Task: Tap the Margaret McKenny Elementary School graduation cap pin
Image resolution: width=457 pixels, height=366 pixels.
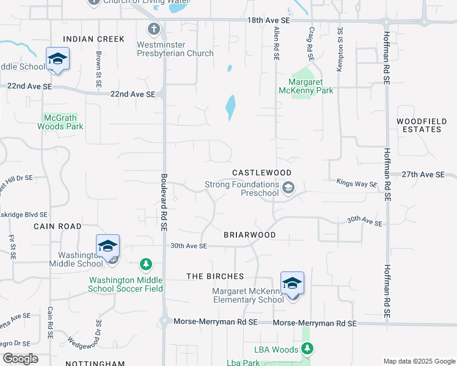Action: pyautogui.click(x=293, y=284)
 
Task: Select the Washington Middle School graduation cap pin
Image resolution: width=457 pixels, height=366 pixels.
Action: pyautogui.click(x=108, y=247)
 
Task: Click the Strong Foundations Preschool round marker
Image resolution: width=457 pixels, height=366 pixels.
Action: pyautogui.click(x=289, y=188)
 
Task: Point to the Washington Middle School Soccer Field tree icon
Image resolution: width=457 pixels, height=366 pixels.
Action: pyautogui.click(x=146, y=264)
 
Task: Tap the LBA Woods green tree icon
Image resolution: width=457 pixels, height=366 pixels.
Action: pyautogui.click(x=309, y=349)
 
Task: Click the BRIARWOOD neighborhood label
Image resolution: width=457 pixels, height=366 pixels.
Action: pyautogui.click(x=249, y=235)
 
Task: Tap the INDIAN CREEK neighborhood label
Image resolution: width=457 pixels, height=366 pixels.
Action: pyautogui.click(x=93, y=39)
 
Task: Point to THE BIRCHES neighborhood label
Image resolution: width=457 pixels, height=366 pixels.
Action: pyautogui.click(x=215, y=276)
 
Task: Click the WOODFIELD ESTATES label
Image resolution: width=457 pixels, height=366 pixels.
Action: pyautogui.click(x=419, y=125)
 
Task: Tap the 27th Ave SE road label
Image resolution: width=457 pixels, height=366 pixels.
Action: pyautogui.click(x=423, y=174)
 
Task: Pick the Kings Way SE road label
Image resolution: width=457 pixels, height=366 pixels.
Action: pyautogui.click(x=357, y=182)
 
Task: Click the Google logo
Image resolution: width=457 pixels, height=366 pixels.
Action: pyautogui.click(x=20, y=358)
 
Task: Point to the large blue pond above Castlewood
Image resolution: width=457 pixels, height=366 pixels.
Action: pyautogui.click(x=230, y=108)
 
